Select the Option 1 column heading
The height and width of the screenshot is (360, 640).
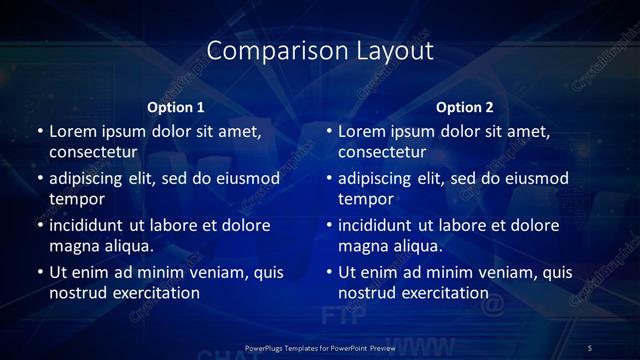tap(176, 107)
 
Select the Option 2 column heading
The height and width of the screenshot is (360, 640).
tap(465, 107)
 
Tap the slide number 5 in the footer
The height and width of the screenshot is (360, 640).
tap(589, 347)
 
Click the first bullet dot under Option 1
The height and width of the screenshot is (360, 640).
tap(39, 131)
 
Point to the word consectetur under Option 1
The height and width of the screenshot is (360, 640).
tap(93, 153)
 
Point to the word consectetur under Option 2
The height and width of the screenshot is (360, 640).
tap(383, 153)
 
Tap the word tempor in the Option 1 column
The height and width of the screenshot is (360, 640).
tap(76, 199)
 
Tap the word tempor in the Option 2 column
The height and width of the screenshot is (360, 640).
tap(366, 199)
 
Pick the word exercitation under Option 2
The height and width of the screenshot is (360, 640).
tap(444, 293)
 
